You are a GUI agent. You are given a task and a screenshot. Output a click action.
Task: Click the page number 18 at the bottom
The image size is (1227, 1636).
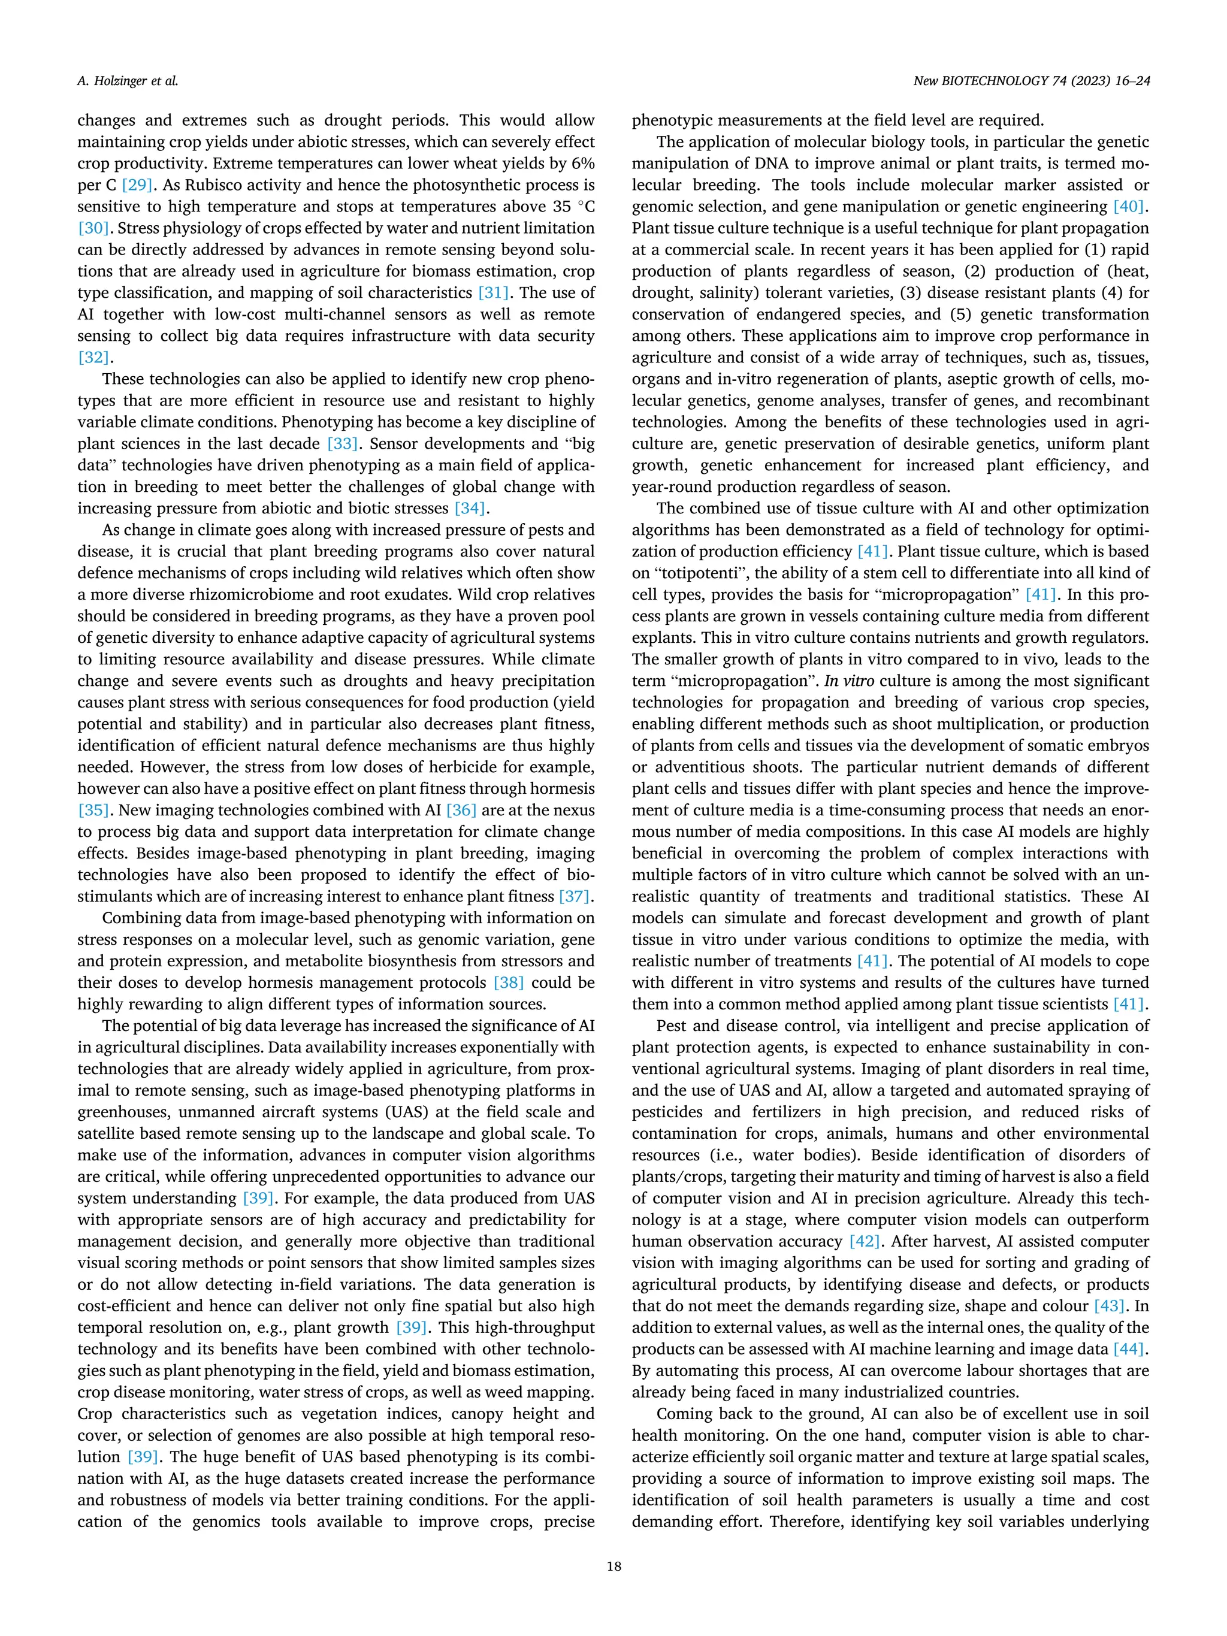coord(613,1566)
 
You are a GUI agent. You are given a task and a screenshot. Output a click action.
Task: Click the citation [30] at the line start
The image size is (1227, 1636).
coord(94,228)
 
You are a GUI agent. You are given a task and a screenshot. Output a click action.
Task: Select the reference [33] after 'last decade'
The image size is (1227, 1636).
coord(343,444)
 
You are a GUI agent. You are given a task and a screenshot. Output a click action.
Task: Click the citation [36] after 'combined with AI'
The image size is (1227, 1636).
coord(461,810)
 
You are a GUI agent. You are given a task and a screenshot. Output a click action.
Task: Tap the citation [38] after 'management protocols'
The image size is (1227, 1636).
coord(509,982)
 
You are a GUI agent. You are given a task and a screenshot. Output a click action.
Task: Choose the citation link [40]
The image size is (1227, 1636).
coord(1129,206)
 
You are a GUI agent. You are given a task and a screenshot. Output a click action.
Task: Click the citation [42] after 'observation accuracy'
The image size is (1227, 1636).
coord(865,1241)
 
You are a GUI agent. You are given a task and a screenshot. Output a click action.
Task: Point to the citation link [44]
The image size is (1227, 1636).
coord(1129,1349)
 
